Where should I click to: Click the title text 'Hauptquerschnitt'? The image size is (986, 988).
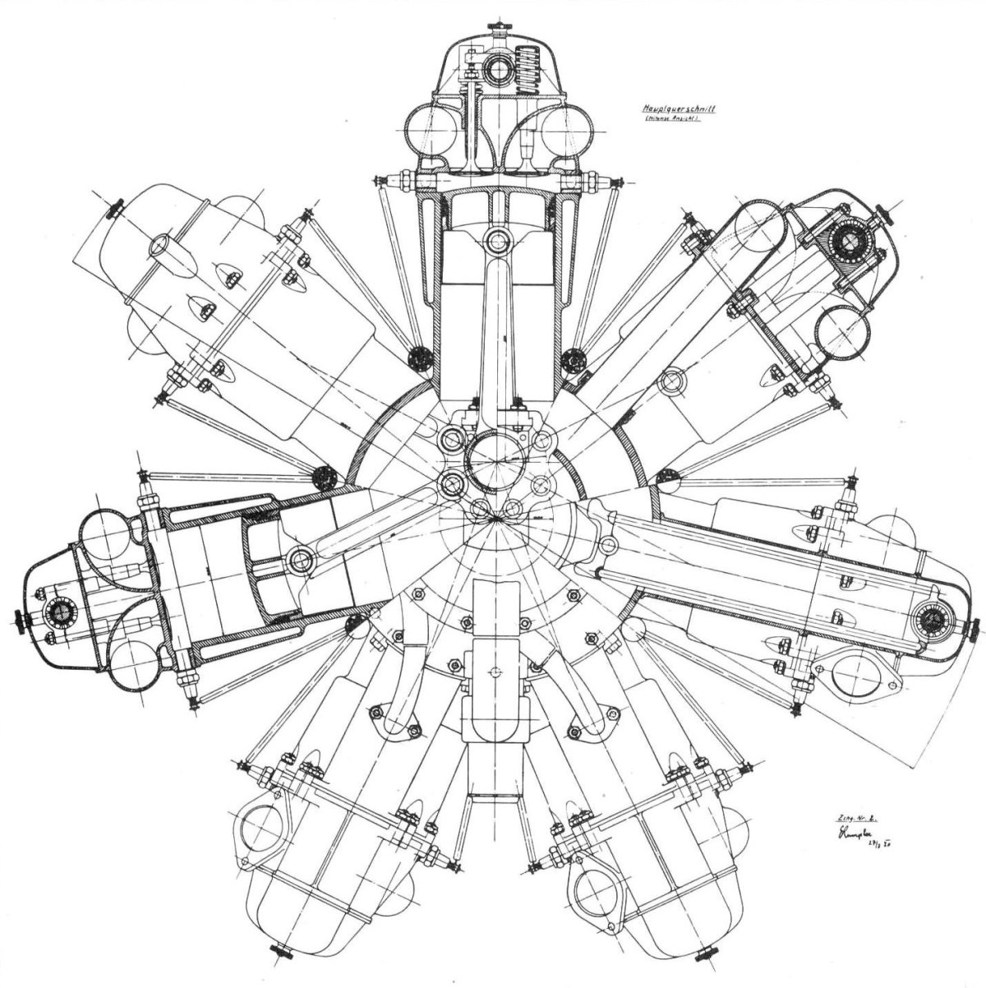(679, 108)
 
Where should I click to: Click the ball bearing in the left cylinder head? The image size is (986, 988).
(58, 610)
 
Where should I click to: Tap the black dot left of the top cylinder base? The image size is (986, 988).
(420, 358)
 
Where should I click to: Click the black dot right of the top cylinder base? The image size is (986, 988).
(571, 358)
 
